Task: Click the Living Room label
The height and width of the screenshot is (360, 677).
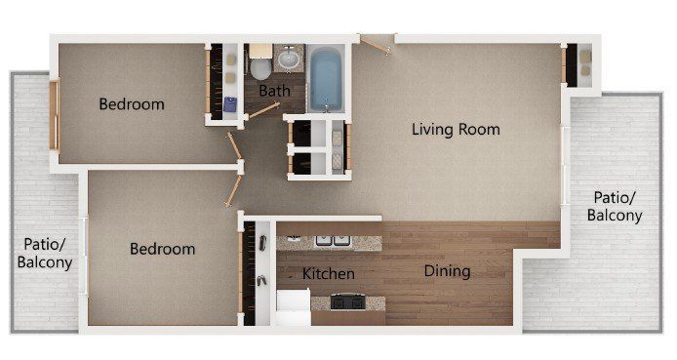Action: [x=455, y=129]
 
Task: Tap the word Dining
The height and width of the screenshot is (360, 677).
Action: [x=447, y=271]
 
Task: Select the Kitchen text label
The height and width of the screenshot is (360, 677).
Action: [x=328, y=274]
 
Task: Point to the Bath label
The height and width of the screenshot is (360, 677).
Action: [x=274, y=91]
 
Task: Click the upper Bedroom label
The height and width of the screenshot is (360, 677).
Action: [x=131, y=104]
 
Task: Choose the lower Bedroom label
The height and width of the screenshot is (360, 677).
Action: [x=162, y=249]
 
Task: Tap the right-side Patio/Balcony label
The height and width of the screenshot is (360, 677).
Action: [x=617, y=207]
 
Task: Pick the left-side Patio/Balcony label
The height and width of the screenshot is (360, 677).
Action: [x=45, y=252]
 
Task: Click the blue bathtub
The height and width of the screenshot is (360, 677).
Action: [x=325, y=79]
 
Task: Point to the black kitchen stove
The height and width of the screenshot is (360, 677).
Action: [x=347, y=300]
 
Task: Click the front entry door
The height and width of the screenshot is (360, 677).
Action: [x=376, y=40]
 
